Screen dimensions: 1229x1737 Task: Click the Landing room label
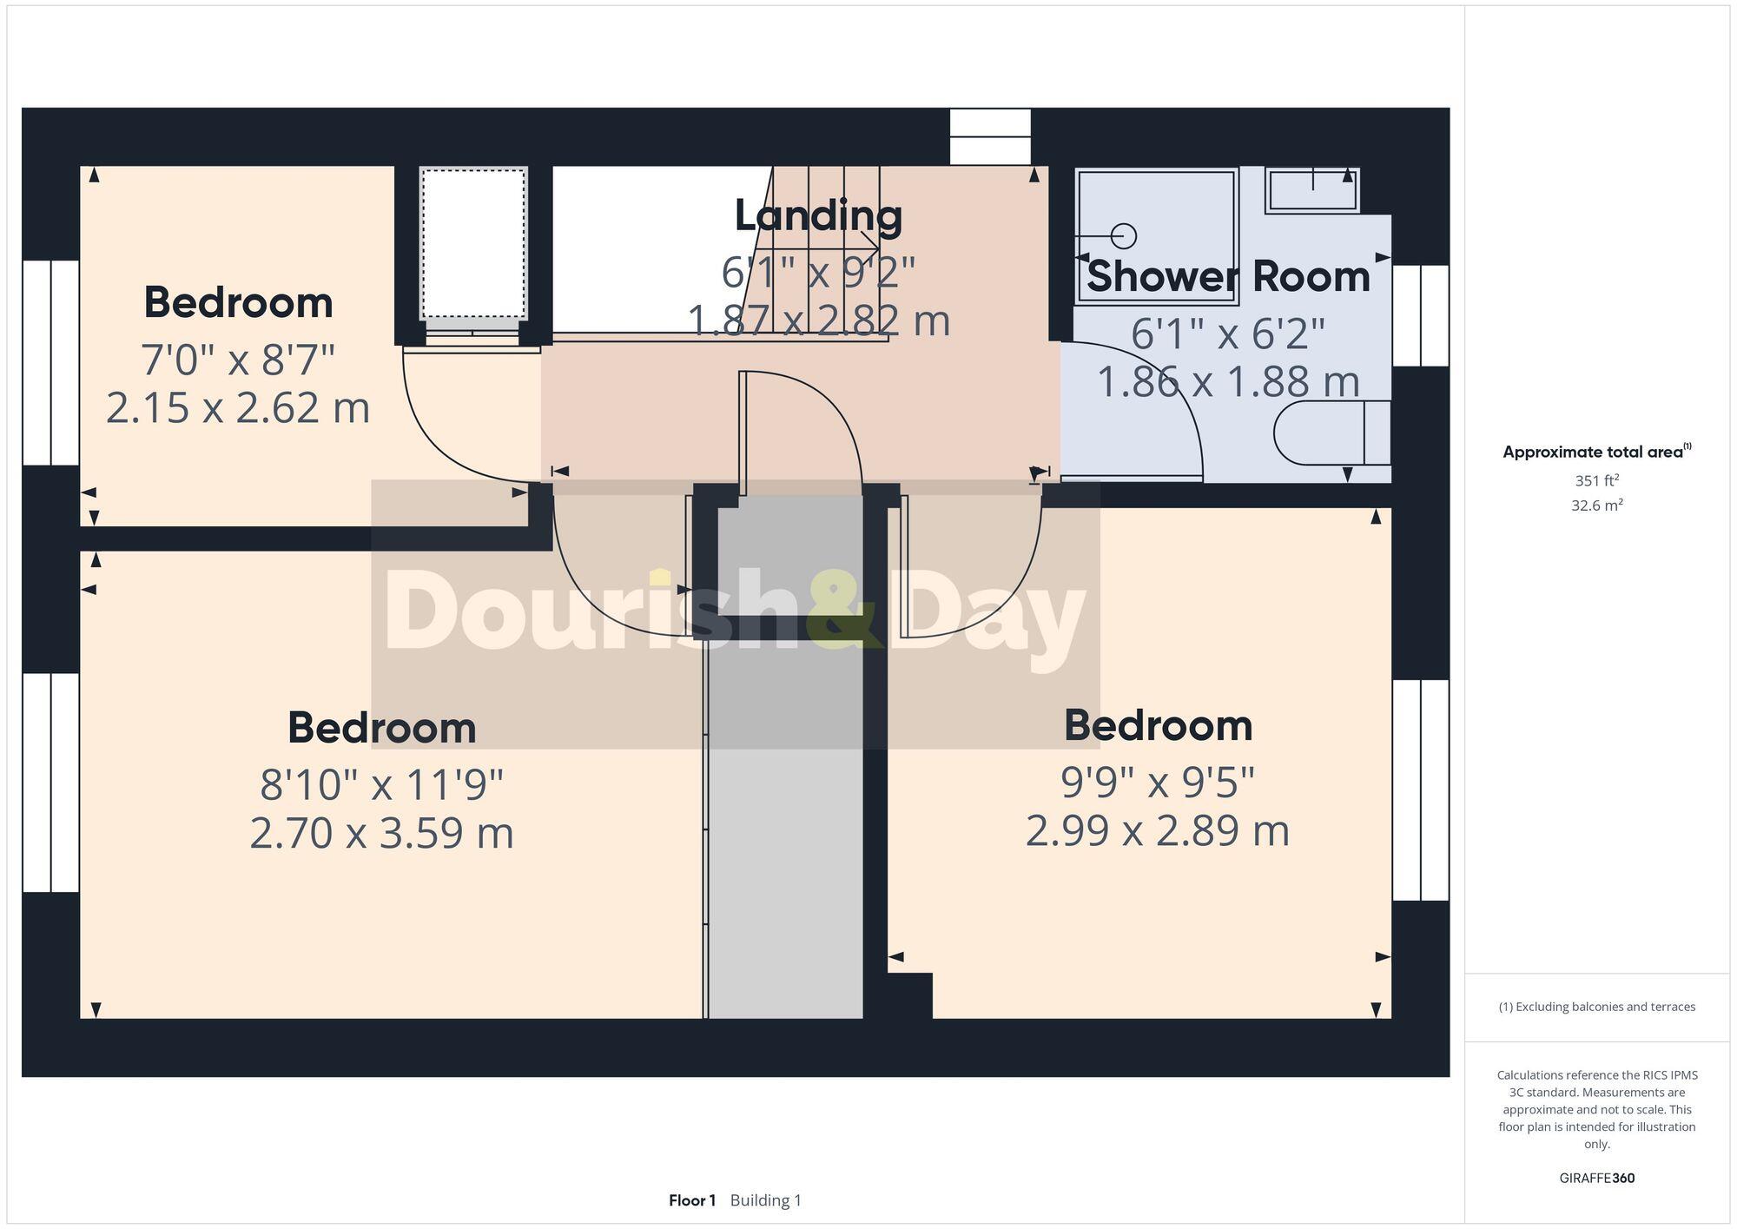[818, 216]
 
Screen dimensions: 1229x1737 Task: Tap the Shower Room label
[1227, 277]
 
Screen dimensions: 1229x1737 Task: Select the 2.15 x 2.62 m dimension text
[238, 408]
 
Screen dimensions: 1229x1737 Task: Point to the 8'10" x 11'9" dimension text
[382, 785]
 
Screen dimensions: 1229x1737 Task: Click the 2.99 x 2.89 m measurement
[1158, 831]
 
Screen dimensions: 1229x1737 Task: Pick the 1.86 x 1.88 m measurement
[1227, 382]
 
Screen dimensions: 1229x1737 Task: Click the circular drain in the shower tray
[1125, 236]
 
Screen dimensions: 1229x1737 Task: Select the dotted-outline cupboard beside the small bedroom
[473, 245]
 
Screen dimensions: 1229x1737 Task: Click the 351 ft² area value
[1596, 480]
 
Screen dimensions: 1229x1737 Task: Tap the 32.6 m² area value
[1596, 505]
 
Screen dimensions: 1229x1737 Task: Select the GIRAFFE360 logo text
[1596, 1178]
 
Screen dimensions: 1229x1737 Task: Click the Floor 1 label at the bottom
[692, 1200]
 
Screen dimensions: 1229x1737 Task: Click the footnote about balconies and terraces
[1596, 1007]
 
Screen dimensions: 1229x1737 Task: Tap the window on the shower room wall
[1421, 315]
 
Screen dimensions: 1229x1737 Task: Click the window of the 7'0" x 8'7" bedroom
[50, 362]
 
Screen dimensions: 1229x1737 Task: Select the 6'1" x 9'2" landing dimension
[818, 273]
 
